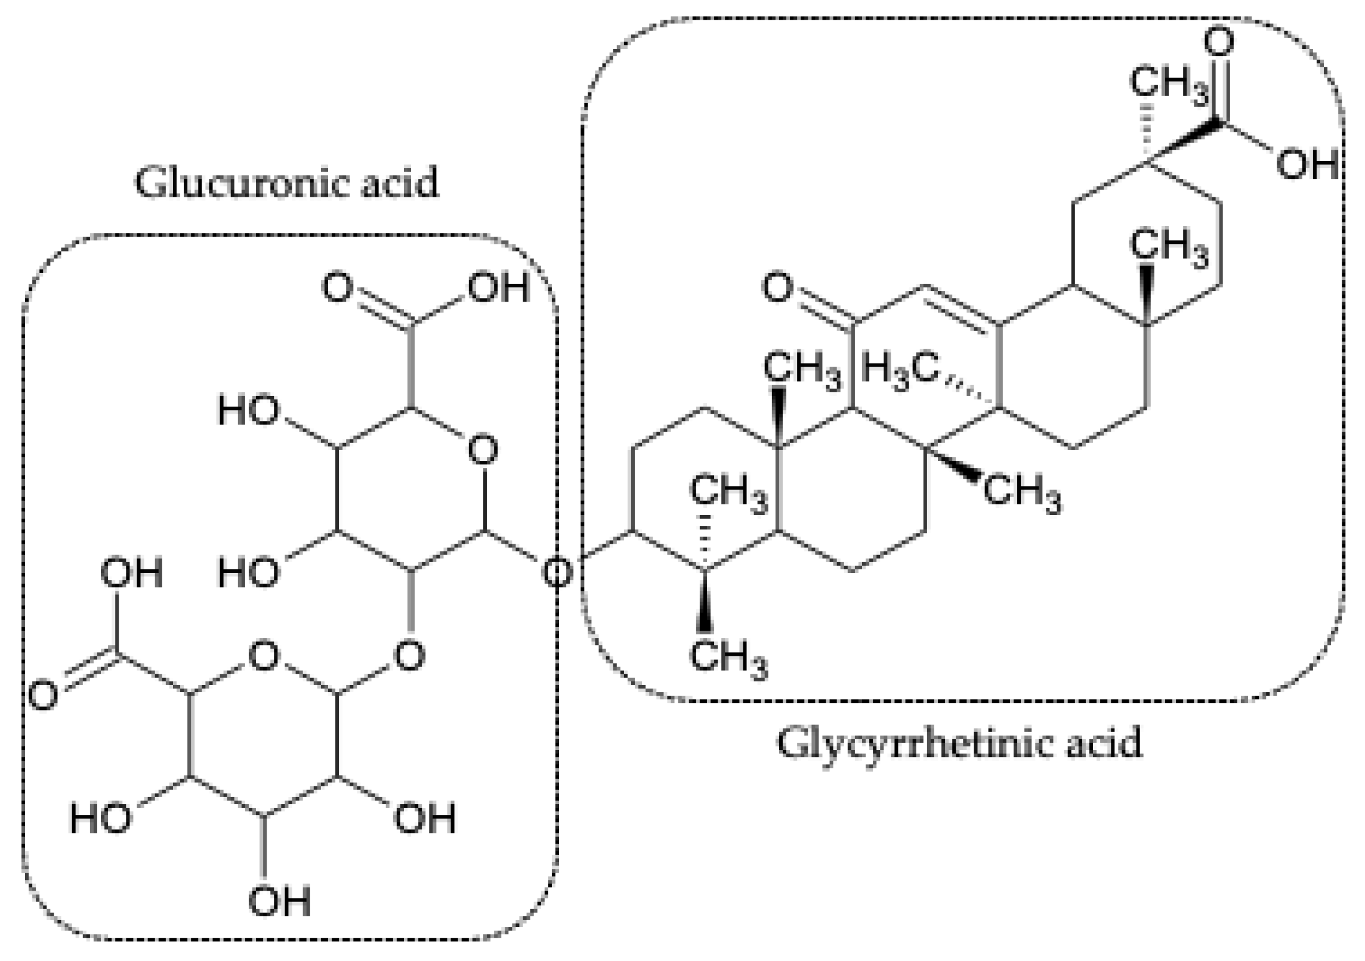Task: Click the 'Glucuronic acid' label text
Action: (x=286, y=182)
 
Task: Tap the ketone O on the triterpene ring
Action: (x=777, y=289)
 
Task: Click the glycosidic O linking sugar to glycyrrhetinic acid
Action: (x=557, y=572)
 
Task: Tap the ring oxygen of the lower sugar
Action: (x=264, y=656)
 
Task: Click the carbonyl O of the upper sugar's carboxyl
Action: (x=337, y=287)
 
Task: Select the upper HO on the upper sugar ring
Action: (x=249, y=411)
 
